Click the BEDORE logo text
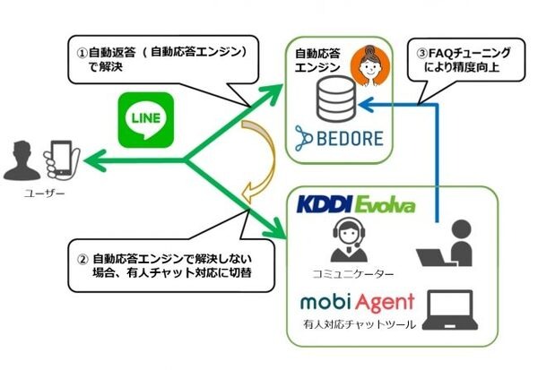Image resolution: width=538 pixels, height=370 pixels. pyautogui.click(x=340, y=139)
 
